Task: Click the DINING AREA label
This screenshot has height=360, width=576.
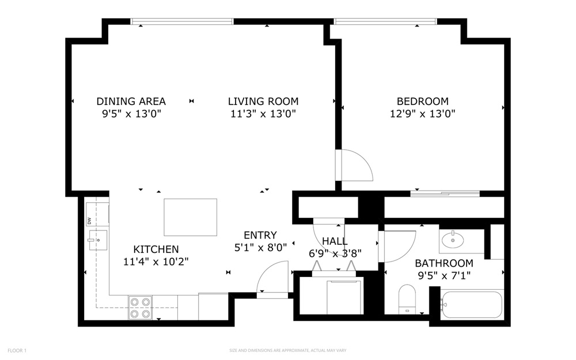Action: point(131,101)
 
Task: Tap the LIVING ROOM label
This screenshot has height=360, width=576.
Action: point(263,101)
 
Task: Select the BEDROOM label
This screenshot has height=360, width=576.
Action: point(422,101)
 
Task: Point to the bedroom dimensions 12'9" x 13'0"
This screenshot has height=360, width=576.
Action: point(422,113)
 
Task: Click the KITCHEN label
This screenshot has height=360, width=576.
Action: point(156,249)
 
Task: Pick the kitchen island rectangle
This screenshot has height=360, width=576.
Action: point(190,217)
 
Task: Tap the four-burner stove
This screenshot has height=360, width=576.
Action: point(141,308)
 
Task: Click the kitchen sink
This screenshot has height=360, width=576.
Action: point(98,240)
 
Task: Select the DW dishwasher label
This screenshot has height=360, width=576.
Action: point(89,221)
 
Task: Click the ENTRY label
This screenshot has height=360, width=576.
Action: point(260,235)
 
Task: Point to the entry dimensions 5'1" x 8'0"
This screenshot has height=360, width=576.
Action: point(260,248)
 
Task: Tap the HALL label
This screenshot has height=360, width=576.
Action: point(335,241)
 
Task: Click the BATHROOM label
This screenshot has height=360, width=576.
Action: point(444,263)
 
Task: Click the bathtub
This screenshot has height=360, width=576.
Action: point(472,305)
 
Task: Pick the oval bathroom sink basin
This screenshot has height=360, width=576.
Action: point(453,241)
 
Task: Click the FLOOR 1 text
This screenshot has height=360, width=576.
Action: point(17,351)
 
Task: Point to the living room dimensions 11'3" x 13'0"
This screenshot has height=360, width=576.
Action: point(263,113)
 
